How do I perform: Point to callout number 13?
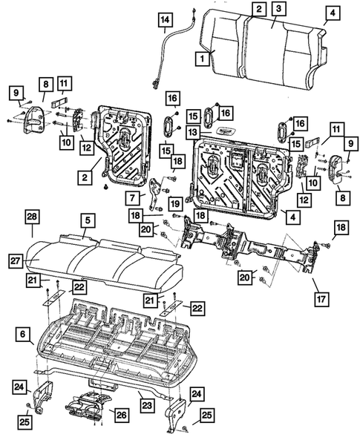tap(192, 131)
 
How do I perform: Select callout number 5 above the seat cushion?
tap(88, 220)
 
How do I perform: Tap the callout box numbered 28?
tap(32, 216)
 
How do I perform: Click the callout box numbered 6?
tap(23, 336)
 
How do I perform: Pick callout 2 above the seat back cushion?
tap(258, 9)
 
